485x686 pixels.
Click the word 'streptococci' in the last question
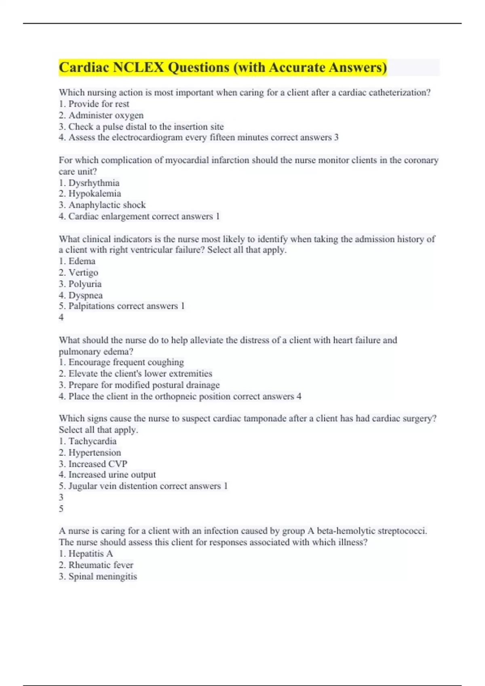point(400,531)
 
